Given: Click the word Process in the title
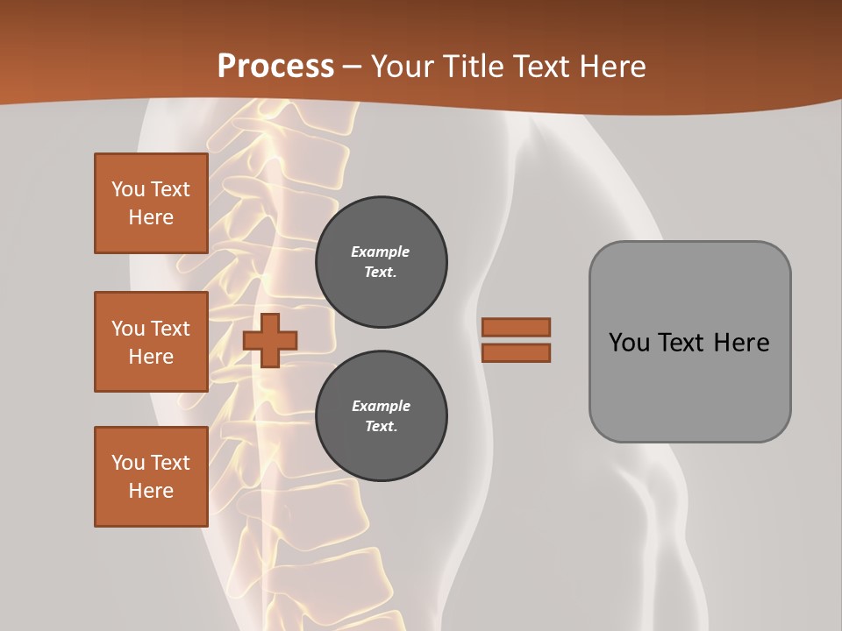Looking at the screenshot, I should pyautogui.click(x=275, y=66).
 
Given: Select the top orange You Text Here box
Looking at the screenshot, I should pyautogui.click(x=151, y=203).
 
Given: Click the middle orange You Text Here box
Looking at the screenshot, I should pyautogui.click(x=151, y=342).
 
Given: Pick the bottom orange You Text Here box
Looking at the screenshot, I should pyautogui.click(x=151, y=477).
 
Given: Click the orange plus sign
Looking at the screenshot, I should pyautogui.click(x=270, y=340).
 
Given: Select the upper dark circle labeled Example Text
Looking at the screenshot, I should pyautogui.click(x=382, y=262).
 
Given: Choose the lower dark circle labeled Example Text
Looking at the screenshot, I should pyautogui.click(x=382, y=416).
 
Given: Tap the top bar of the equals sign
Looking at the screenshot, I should pyautogui.click(x=517, y=327).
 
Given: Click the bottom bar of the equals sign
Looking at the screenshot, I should pyautogui.click(x=517, y=352).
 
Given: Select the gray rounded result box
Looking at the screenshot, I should pyautogui.click(x=689, y=342).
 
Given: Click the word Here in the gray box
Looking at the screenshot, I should pyautogui.click(x=741, y=342).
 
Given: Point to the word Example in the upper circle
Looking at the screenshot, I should pyautogui.click(x=381, y=252).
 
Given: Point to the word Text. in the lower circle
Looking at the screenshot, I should pyautogui.click(x=381, y=427).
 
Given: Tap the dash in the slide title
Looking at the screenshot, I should pyautogui.click(x=352, y=67).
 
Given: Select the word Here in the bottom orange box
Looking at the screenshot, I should pyautogui.click(x=151, y=491).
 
